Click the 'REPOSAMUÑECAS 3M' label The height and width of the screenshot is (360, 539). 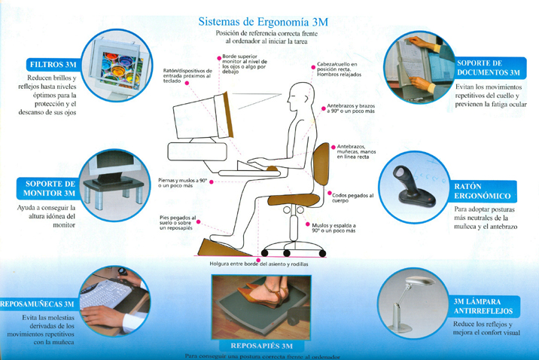38,304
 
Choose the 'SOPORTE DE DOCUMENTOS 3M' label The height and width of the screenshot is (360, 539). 489,68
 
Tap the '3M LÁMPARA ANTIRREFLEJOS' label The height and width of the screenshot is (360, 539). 483,306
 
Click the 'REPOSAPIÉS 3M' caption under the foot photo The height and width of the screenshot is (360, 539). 260,345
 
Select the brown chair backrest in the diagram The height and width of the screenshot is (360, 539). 321,165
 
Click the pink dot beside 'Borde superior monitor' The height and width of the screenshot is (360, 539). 218,57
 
